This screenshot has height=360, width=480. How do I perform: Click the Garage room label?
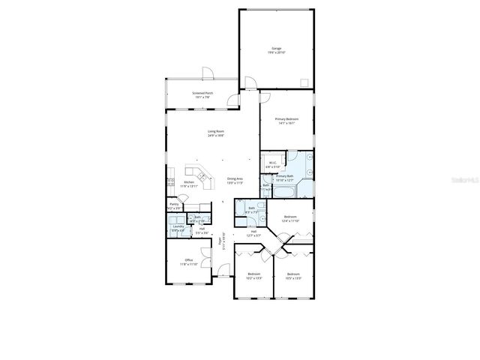277,50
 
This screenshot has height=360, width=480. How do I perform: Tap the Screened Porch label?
202,95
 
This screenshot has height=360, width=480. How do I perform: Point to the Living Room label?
216,134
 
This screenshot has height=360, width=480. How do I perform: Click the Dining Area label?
235,181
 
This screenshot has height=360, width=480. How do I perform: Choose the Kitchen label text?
189,183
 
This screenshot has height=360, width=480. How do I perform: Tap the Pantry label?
174,205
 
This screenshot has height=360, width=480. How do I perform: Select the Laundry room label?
178,228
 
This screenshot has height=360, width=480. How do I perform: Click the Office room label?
188,262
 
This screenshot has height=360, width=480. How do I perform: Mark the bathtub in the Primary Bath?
286,192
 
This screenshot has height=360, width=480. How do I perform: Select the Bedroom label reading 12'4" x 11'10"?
291,219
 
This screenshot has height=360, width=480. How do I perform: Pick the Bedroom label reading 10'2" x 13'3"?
254,276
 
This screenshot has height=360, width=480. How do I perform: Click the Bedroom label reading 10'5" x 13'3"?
292,276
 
